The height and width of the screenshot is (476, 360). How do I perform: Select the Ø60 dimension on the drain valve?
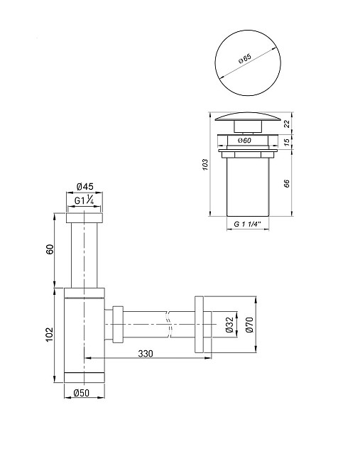(x=245, y=141)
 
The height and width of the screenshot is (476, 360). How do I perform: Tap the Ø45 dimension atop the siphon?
(x=84, y=188)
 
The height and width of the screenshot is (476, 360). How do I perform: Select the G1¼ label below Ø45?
(x=84, y=201)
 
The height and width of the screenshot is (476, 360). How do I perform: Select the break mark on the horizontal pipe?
(x=168, y=325)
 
